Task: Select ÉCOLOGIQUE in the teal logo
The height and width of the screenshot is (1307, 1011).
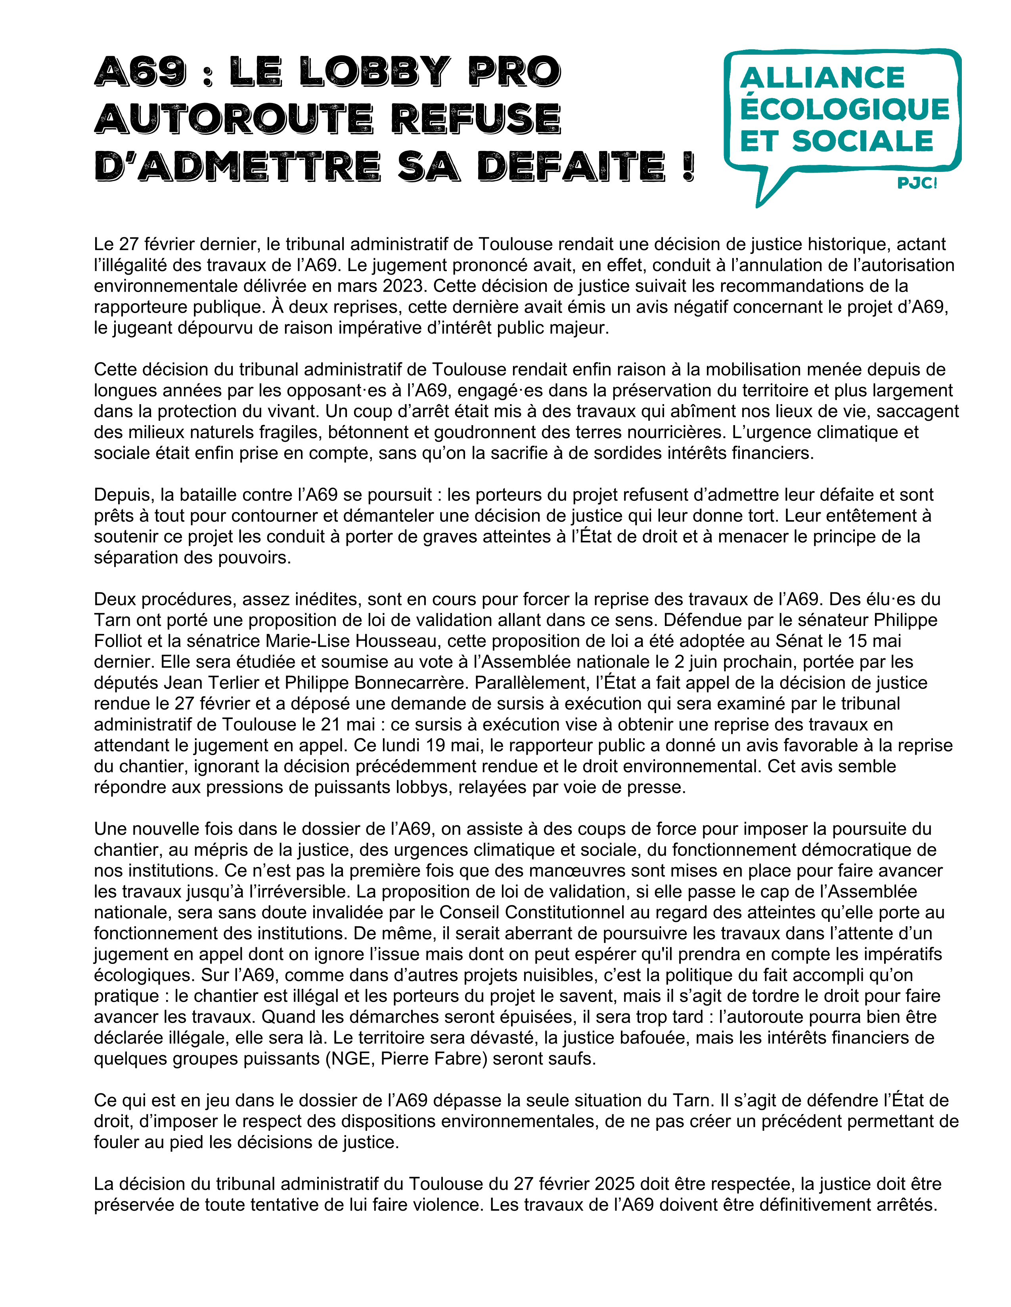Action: point(844,109)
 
